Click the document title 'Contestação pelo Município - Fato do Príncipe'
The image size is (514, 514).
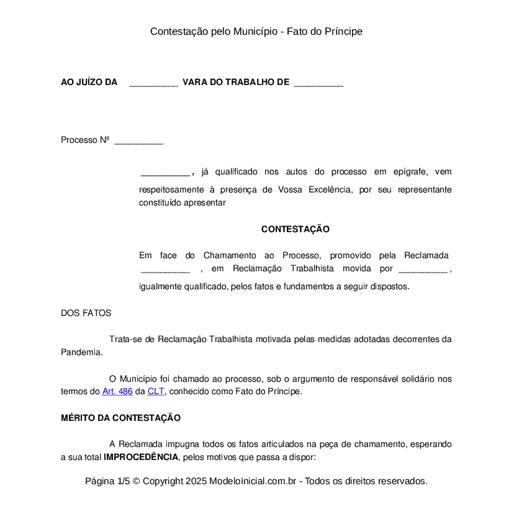(x=256, y=31)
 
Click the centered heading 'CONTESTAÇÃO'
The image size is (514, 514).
(x=295, y=229)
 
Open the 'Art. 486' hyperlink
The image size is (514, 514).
(x=117, y=392)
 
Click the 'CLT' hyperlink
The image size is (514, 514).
(x=156, y=392)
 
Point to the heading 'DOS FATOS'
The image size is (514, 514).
(x=86, y=313)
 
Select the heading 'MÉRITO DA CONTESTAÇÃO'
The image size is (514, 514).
(x=120, y=418)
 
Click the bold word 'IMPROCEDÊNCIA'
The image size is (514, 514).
(x=141, y=458)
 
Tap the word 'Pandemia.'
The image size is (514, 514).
(x=81, y=352)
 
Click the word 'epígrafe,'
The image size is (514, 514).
(x=409, y=171)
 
